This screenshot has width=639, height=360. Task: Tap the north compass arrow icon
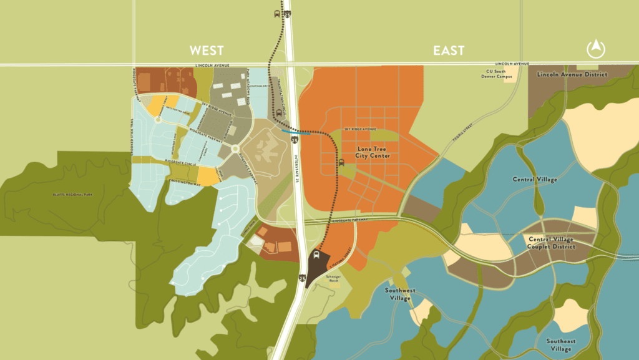[x=597, y=49]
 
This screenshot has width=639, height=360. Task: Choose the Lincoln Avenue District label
[x=572, y=74]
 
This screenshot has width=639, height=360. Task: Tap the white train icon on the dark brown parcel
[x=317, y=255]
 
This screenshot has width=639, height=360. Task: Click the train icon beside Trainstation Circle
[x=279, y=113]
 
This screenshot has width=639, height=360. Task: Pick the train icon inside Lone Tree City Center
[x=341, y=162]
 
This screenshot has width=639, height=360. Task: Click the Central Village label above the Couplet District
[x=535, y=179]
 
